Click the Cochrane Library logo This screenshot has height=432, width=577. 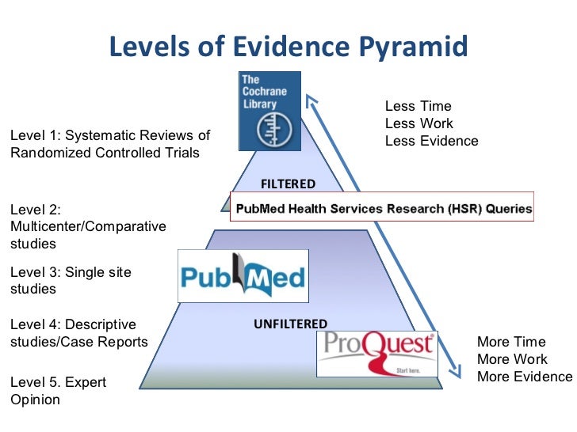coord(269,111)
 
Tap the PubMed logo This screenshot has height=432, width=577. coord(242,276)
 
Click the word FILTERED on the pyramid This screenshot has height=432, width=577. coord(288,184)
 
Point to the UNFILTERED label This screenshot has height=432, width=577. coord(290,324)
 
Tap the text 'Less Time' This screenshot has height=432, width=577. coord(418,106)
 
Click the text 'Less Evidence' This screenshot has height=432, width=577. coord(431,141)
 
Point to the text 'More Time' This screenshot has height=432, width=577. coord(511,342)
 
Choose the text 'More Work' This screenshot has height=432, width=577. coord(511,359)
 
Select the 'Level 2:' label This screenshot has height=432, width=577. coord(35,210)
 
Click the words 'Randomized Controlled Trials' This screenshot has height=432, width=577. coord(105,153)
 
